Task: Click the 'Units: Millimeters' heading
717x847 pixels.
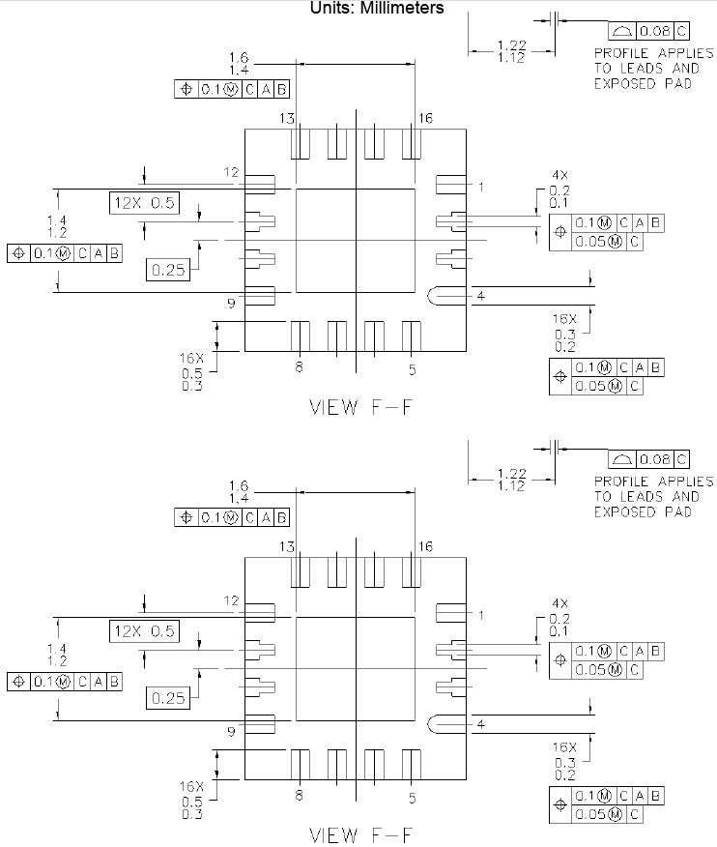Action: pos(377,8)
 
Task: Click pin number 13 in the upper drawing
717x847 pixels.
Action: pos(287,118)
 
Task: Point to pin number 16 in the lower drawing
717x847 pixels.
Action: pos(425,547)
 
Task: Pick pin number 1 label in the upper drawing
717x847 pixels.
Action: pos(479,185)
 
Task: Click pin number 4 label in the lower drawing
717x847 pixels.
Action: pos(479,724)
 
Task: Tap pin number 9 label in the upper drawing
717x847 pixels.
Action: pos(231,304)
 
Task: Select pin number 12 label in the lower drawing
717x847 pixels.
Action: pos(231,600)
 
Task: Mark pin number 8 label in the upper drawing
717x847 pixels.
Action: pos(299,367)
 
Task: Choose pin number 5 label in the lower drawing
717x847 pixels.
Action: pos(412,798)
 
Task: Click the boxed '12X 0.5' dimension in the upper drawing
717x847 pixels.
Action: pos(143,203)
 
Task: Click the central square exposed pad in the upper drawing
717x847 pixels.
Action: pos(355,240)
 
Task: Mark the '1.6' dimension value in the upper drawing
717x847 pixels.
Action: pos(240,58)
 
